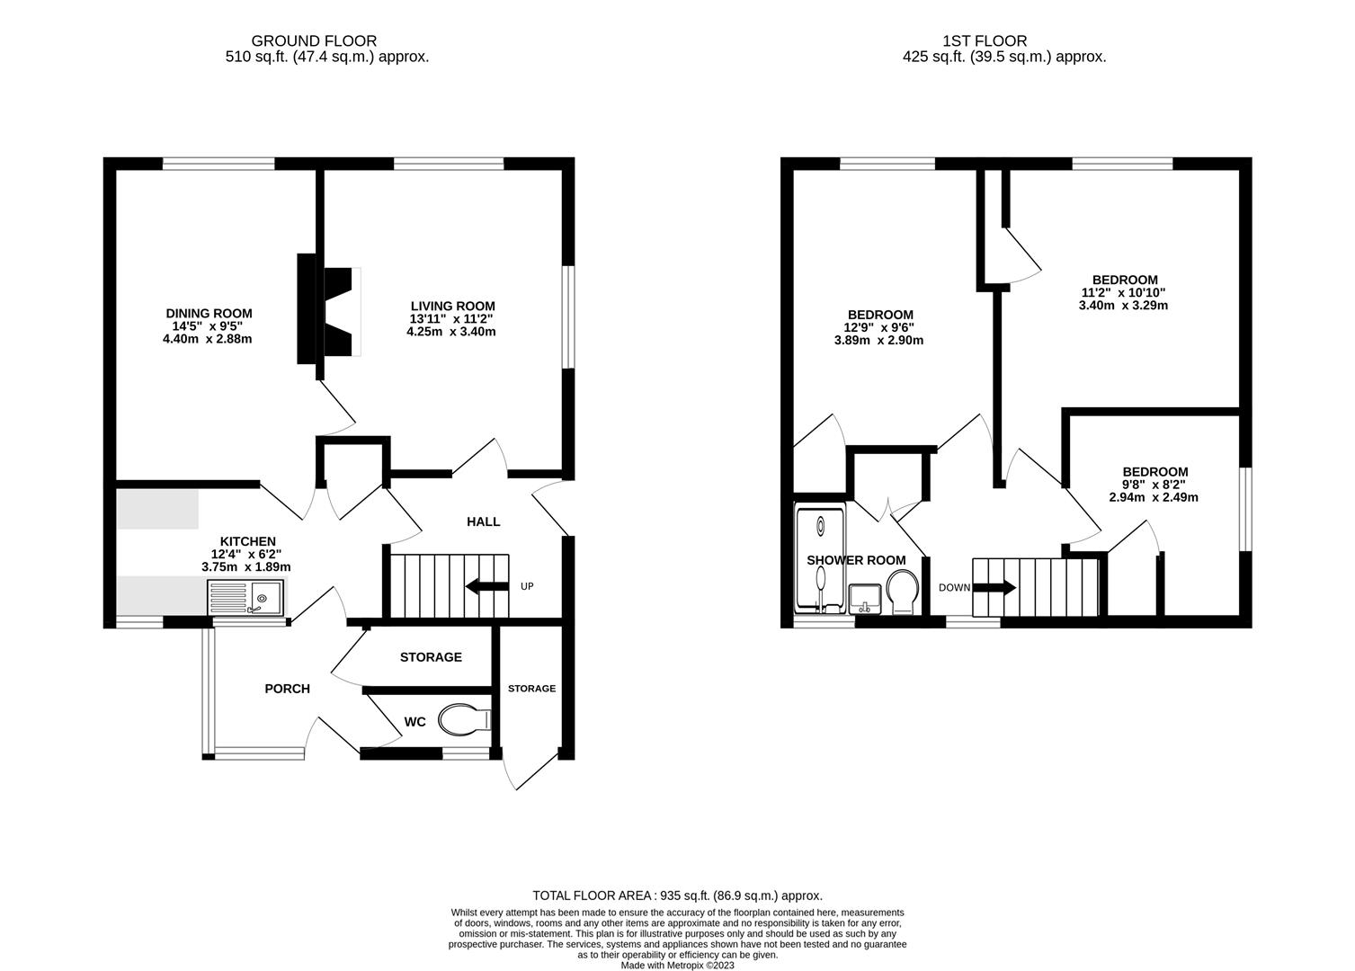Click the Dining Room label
coord(207,314)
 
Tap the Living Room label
coord(452,307)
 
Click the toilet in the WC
coord(464,719)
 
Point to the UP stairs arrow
coord(485,588)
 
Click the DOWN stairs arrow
coord(995,589)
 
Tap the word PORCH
coord(287,689)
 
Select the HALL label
coord(483,521)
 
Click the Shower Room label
coord(856,560)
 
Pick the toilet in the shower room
coord(902,595)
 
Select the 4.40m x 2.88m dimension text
coord(207,339)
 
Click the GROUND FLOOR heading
coord(314,40)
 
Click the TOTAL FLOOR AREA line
coord(677,895)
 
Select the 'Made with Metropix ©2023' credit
coord(677,966)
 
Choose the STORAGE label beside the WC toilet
coord(531,689)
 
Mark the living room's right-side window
coord(567,316)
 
